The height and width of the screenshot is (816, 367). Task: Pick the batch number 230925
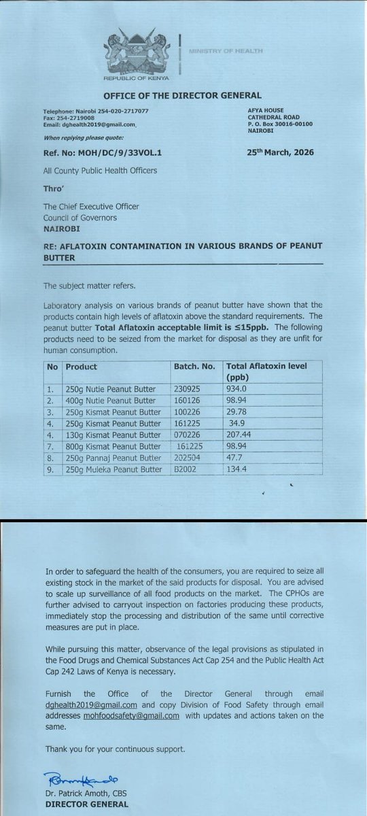(x=187, y=390)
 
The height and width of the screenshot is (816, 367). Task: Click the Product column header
(x=82, y=367)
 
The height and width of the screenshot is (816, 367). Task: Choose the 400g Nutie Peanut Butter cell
(x=114, y=401)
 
